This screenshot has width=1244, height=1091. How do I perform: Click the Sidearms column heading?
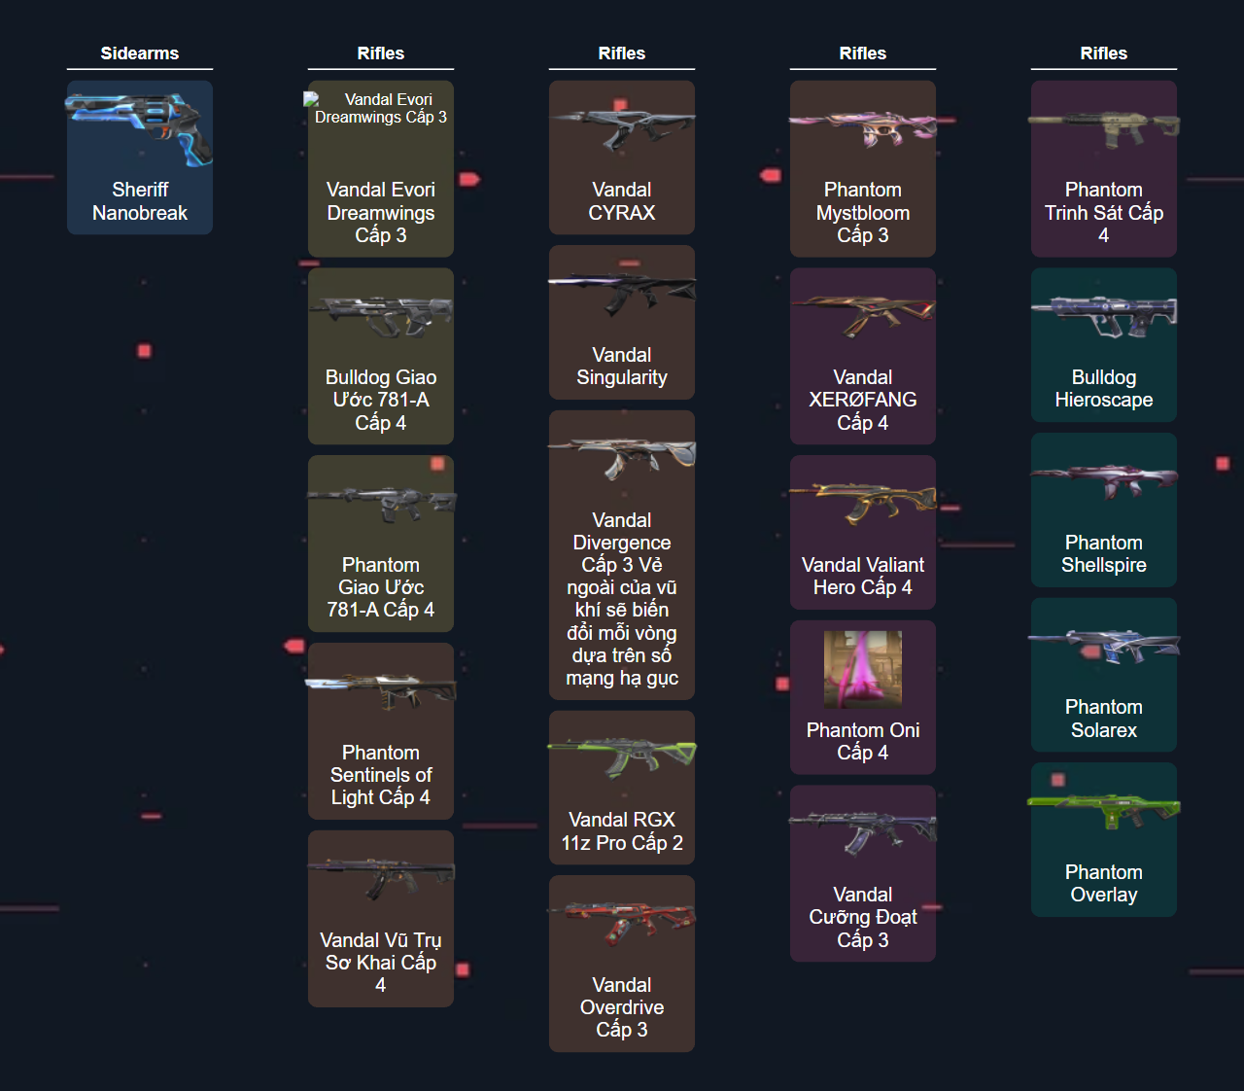139,53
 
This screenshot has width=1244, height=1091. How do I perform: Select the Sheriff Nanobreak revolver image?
139,129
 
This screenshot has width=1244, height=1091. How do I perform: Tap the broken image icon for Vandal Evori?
312,99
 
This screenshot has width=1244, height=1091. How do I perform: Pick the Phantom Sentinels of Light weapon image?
380,690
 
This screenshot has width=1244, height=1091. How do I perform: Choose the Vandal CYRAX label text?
622,201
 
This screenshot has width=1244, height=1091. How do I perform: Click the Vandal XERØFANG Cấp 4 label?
863,400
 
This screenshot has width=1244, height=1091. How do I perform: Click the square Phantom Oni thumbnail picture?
863,669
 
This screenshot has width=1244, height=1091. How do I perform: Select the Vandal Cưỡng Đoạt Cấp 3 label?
863,917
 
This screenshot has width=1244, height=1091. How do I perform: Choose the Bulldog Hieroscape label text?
1104,389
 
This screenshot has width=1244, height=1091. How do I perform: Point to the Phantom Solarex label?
1104,719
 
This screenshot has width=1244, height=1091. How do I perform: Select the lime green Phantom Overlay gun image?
1104,810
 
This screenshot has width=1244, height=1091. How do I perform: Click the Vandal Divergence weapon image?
622,457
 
